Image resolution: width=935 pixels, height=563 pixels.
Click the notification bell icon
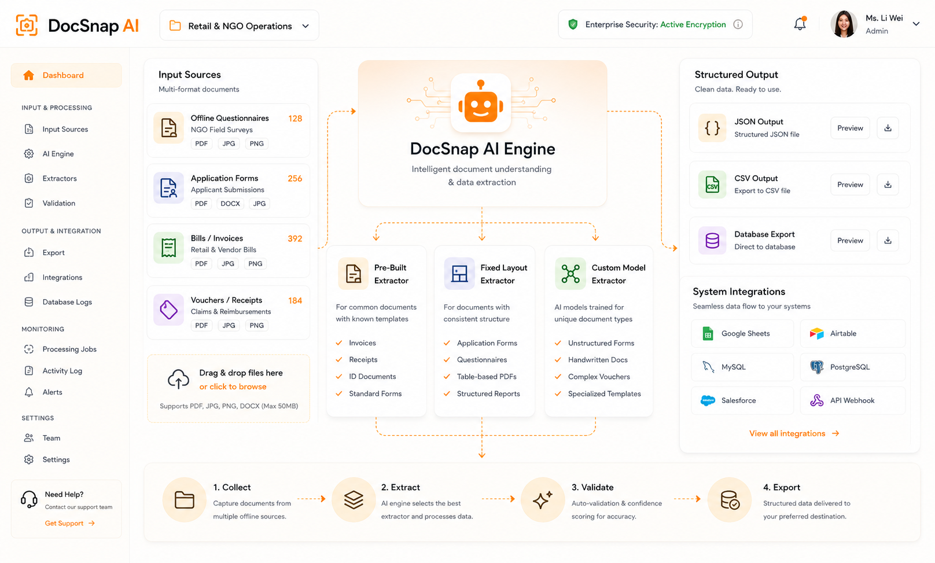click(x=800, y=24)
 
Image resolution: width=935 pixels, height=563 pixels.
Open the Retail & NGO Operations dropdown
click(x=239, y=26)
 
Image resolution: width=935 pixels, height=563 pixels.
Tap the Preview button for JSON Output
click(x=850, y=128)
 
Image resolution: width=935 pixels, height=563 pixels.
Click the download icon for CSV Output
click(x=888, y=185)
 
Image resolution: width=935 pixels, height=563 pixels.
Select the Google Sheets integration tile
click(x=742, y=333)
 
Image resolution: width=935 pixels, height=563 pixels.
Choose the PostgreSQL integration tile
click(x=852, y=367)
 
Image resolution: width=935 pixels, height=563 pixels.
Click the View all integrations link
click(x=794, y=433)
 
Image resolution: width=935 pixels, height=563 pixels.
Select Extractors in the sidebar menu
click(x=59, y=178)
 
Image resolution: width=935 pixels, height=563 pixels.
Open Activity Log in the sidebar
click(x=62, y=370)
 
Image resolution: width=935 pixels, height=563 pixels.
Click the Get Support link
click(x=69, y=523)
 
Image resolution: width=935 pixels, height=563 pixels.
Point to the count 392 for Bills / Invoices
click(x=295, y=239)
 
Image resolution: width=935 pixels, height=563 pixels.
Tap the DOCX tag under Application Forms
click(x=230, y=204)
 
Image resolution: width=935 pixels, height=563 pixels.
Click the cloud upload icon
click(x=178, y=379)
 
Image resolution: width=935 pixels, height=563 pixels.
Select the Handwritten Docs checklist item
click(x=597, y=360)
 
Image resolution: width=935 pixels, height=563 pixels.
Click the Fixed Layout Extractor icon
click(x=459, y=274)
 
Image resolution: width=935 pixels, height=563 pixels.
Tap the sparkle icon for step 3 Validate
click(x=543, y=499)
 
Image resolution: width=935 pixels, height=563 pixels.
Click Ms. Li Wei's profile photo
click(x=844, y=24)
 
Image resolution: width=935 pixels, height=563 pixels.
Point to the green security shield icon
click(x=573, y=24)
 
